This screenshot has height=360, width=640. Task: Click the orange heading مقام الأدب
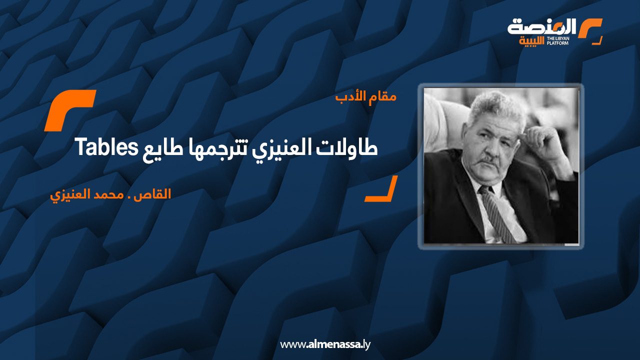click(366, 97)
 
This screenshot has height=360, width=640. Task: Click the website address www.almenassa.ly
click(325, 344)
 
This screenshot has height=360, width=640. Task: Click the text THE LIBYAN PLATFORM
click(557, 41)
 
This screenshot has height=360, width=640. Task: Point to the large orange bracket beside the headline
click(69, 110)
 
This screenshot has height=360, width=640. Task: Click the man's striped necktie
click(497, 214)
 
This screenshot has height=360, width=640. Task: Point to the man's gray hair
click(496, 107)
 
